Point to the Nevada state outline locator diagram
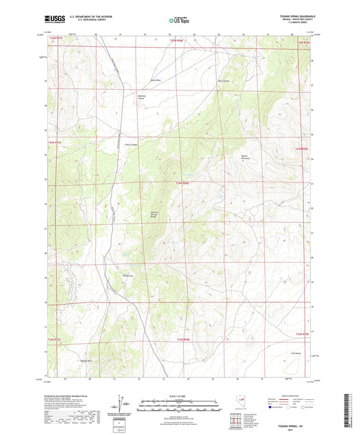pyautogui.click(x=240, y=402)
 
